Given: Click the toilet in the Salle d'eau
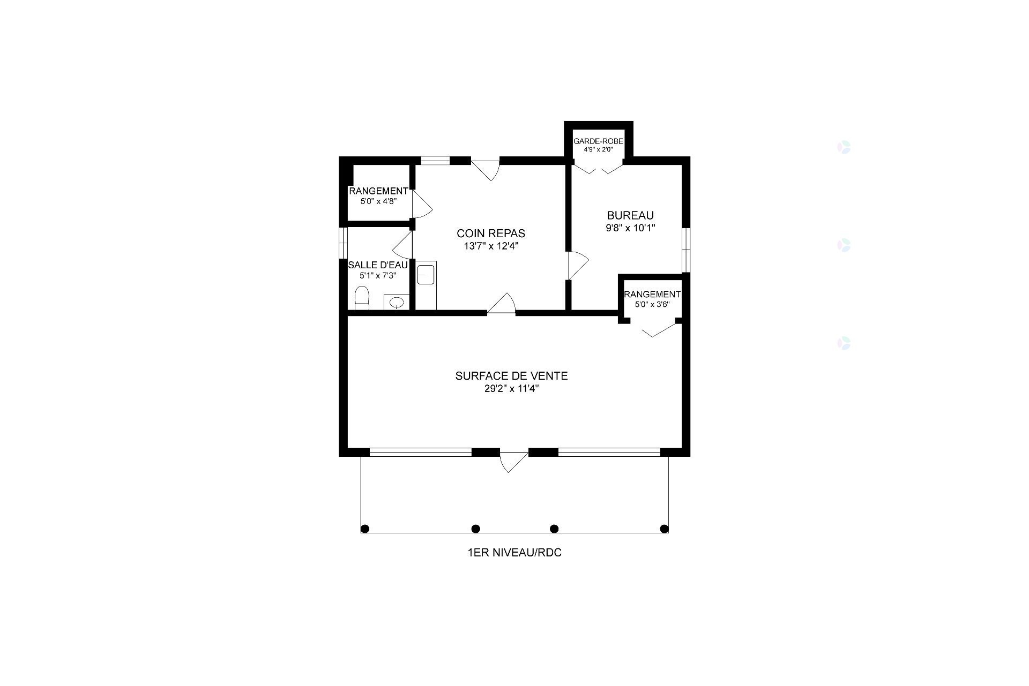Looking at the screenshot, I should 362,298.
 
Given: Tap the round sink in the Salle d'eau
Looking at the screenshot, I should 397,303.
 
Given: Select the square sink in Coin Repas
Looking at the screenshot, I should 426,276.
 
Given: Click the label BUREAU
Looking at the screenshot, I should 630,215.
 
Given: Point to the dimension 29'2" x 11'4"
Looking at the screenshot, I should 511,389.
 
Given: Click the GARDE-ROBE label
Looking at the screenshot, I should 598,141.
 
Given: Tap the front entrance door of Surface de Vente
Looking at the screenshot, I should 513,462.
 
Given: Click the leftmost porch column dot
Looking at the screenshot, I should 365,529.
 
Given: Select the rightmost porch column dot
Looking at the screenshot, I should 664,529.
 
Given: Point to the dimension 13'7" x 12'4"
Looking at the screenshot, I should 491,246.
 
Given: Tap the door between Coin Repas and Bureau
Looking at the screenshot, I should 577,265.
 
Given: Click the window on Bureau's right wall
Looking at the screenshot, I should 686,250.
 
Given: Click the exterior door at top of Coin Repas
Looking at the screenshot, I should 487,168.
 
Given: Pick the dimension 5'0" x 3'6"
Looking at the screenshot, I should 652,305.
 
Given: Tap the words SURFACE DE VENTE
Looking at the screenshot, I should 511,376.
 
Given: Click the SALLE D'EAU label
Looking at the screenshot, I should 378,265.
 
